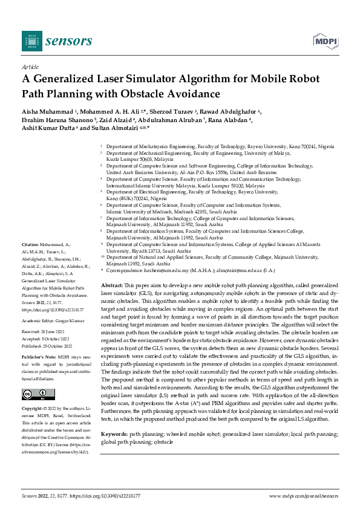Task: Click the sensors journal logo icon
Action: coord(28,41)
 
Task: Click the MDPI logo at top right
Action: coord(325,41)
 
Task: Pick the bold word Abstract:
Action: coord(112,284)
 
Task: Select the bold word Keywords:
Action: coord(113,418)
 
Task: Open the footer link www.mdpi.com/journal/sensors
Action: coord(304,496)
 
